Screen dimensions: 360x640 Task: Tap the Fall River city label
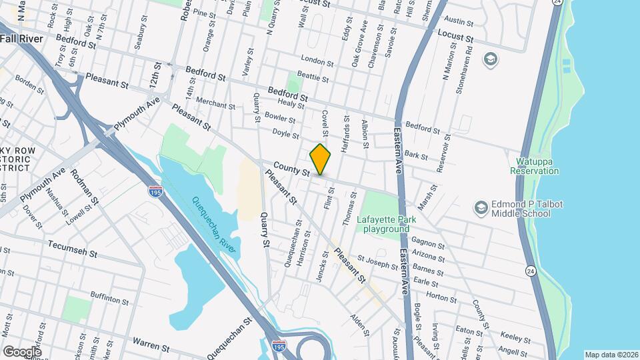21,39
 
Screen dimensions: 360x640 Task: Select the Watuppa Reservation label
535,166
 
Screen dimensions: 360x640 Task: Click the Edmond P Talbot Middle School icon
480,208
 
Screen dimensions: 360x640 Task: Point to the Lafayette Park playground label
386,223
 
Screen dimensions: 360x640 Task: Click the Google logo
22,351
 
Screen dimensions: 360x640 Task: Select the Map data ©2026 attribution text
611,355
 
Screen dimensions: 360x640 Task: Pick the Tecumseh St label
73,250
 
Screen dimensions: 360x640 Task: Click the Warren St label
151,345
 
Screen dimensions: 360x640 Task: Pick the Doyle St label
285,134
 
